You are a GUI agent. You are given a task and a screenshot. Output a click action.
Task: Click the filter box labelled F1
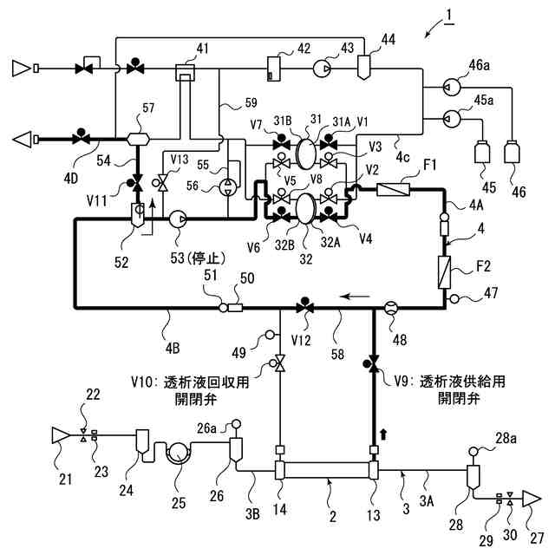click(393, 190)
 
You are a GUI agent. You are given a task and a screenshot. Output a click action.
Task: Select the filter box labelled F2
click(444, 272)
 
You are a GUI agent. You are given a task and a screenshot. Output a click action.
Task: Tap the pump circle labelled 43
click(322, 69)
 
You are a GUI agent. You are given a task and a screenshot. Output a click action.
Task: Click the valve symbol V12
click(304, 306)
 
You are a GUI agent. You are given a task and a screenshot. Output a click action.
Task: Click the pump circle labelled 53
click(178, 219)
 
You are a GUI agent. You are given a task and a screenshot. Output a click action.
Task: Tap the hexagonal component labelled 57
click(138, 139)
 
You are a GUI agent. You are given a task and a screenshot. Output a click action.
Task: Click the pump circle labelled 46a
click(452, 87)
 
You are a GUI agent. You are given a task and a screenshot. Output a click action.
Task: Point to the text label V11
click(96, 200)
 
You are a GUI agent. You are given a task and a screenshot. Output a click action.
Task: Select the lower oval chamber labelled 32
click(305, 208)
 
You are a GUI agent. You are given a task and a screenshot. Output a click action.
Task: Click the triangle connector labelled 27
click(533, 499)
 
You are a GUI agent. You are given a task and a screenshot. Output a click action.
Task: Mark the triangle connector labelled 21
click(61, 435)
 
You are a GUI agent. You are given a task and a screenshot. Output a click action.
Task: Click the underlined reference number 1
click(449, 16)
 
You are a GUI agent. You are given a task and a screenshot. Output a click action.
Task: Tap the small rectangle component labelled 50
click(235, 308)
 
